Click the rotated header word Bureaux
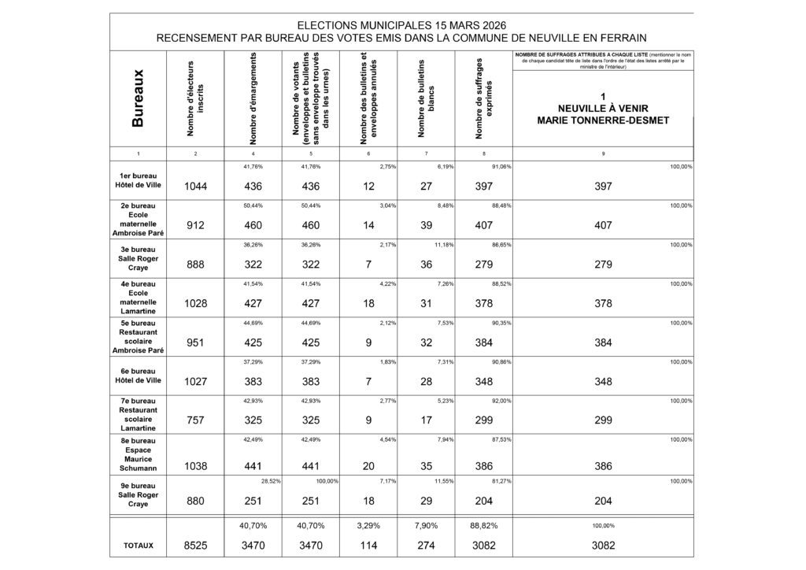click(139, 98)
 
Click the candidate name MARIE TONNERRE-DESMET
click(602, 120)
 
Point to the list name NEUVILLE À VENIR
click(602, 109)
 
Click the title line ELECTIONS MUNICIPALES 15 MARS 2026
click(401, 25)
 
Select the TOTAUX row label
click(139, 545)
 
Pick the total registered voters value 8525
click(195, 545)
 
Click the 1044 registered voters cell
click(195, 186)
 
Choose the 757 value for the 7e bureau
click(195, 420)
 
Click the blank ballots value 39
click(426, 225)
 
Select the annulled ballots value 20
click(368, 466)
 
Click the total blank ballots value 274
click(426, 545)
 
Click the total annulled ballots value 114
click(368, 545)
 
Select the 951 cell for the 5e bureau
click(195, 342)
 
